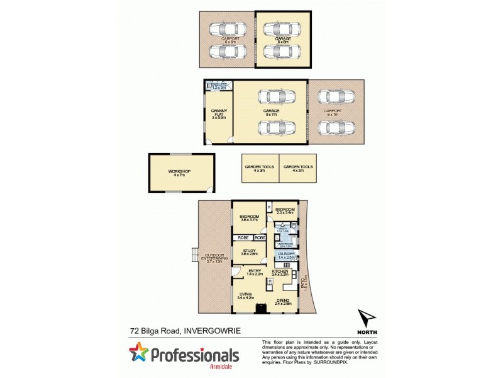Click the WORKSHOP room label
pos(179,172)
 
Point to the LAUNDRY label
pos(286,254)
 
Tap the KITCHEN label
pos(280,272)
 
